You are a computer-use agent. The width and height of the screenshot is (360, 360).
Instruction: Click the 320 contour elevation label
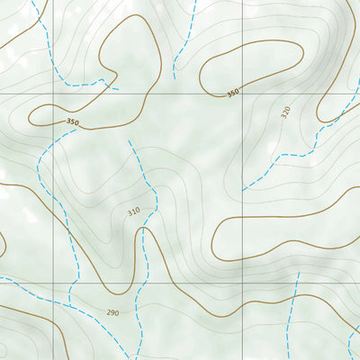286,112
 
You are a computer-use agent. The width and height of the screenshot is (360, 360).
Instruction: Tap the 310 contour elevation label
134,211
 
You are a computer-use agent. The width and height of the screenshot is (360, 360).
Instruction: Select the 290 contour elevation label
112,312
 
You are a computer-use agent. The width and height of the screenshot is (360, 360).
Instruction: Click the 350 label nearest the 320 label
233,93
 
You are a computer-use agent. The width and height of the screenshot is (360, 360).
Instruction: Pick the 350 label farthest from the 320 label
73,121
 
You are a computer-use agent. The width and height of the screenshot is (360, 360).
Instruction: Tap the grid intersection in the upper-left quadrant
53,93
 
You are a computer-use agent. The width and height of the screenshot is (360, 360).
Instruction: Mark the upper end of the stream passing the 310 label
129,140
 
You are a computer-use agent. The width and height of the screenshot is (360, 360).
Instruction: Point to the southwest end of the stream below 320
243,191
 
